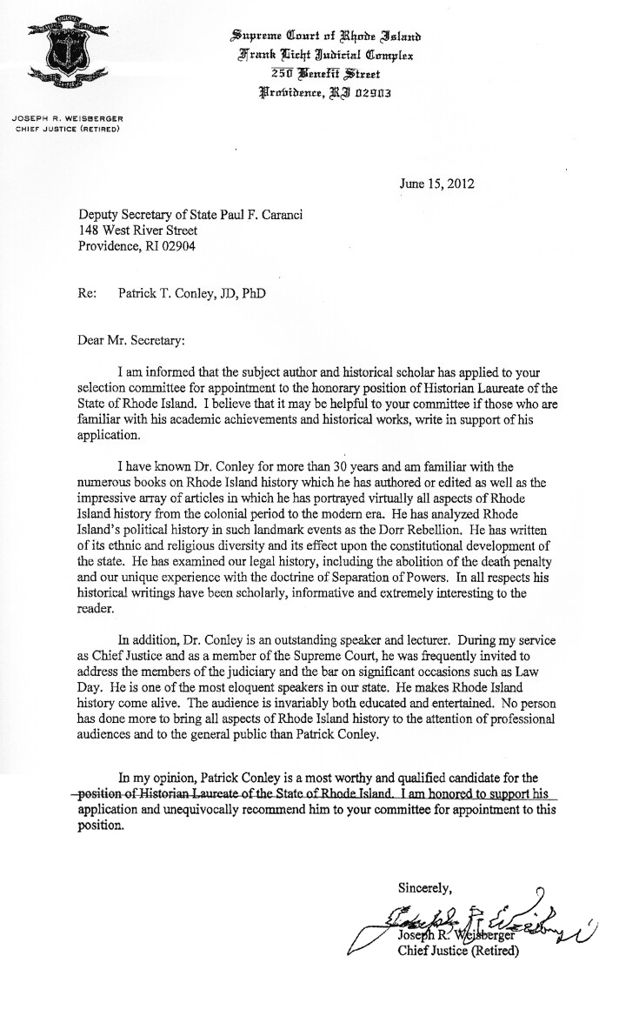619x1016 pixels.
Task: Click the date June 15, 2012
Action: [x=437, y=184]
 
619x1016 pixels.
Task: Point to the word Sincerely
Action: [x=426, y=888]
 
